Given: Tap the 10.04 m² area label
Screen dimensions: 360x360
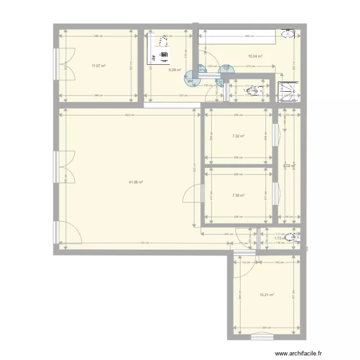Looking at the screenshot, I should [x=255, y=56].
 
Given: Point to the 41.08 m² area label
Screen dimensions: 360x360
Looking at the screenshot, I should [x=136, y=182].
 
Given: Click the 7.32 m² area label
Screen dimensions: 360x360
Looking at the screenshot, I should [x=238, y=136].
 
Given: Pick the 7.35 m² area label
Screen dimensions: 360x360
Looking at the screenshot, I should [x=238, y=195].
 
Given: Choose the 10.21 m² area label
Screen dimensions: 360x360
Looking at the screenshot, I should [x=266, y=295].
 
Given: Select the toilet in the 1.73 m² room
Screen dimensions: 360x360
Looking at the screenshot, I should [x=293, y=237].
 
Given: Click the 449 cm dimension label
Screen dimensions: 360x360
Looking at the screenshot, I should [x=249, y=36].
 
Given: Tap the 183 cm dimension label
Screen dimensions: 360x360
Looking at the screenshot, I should [x=279, y=263].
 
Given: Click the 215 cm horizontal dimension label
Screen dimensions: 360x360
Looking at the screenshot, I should [x=250, y=66].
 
